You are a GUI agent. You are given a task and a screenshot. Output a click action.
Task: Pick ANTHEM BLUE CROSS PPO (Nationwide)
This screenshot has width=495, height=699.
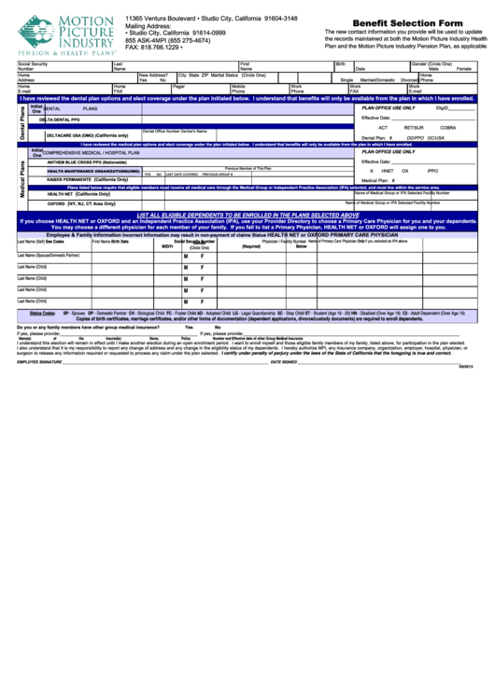(x=92, y=162)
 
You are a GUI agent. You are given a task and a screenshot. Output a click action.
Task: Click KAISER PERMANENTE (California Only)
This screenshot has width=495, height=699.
(x=88, y=179)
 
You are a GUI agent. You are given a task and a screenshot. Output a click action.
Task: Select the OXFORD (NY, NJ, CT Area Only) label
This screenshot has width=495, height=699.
(x=81, y=203)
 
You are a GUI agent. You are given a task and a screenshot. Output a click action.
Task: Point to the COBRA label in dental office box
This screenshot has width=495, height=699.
(x=448, y=128)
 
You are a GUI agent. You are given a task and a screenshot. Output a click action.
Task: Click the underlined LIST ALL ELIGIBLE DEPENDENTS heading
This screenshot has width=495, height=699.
(x=247, y=215)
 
